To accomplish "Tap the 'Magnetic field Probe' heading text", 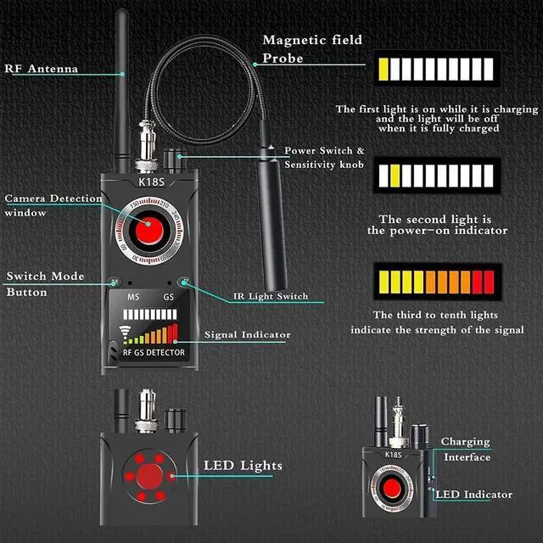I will tap(312, 49).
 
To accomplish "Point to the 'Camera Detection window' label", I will tap(53, 205).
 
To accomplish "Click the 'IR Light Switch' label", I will tap(271, 296).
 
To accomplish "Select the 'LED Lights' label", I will tap(243, 466).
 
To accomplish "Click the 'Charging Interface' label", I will tap(465, 450).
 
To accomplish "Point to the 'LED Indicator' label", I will tap(476, 494).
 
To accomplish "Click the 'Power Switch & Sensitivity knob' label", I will tap(324, 158).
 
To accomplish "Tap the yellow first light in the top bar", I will tap(385, 69).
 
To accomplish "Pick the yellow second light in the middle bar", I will tap(395, 175).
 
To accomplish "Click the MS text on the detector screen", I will tap(134, 297).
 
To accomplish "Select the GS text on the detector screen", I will tap(169, 297).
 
